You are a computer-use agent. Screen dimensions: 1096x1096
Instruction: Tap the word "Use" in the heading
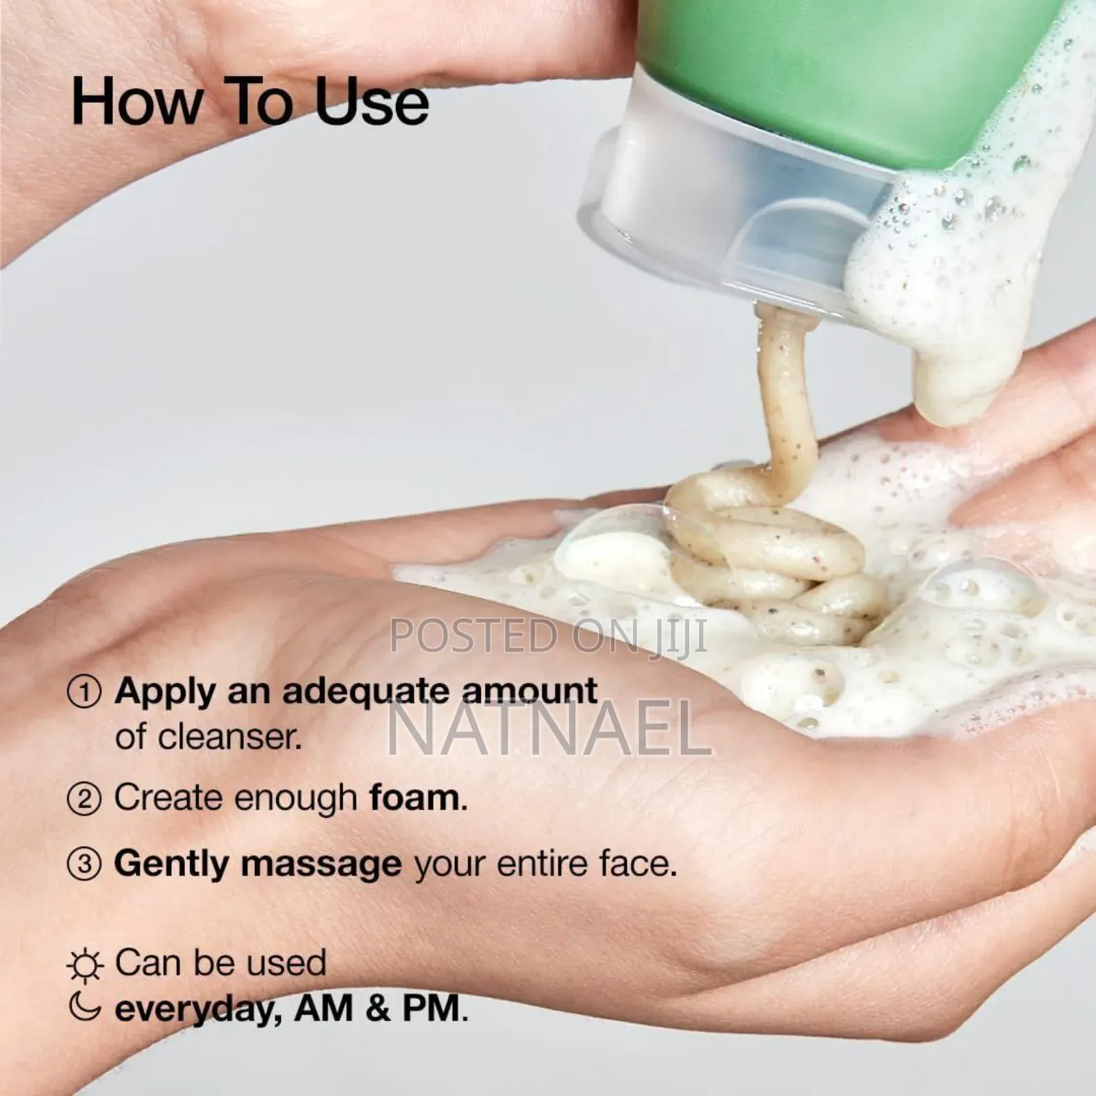tap(372, 103)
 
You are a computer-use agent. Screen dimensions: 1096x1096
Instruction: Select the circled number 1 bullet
tap(84, 693)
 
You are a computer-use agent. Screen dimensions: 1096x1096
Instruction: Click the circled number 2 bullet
tap(84, 799)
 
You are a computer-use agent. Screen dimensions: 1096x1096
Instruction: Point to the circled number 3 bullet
tap(84, 864)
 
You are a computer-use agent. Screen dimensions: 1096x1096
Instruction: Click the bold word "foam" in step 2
tap(414, 798)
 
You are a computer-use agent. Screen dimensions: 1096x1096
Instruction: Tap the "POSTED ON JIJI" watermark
tap(548, 636)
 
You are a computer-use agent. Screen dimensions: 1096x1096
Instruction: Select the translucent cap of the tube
tap(719, 206)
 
